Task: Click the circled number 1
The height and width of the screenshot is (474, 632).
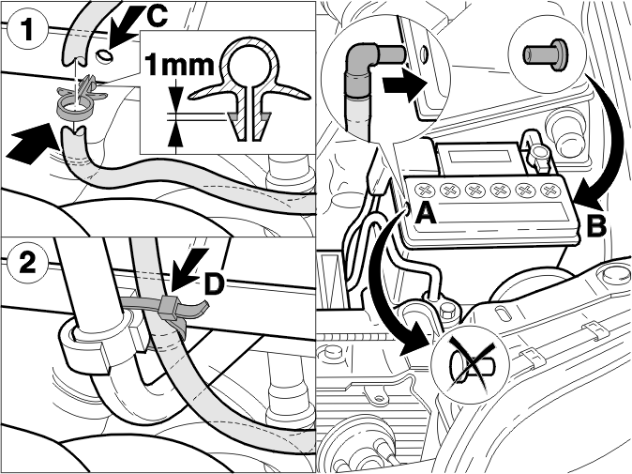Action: coord(27,29)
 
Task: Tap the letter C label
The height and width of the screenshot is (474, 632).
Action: coord(154,17)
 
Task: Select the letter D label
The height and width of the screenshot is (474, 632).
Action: coord(213,284)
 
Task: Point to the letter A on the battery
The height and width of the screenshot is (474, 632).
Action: coord(426,212)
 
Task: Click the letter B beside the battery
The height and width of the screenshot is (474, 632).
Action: coord(595,225)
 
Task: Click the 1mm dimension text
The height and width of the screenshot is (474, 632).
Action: coord(178,66)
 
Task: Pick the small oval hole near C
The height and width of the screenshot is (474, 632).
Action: coord(104,55)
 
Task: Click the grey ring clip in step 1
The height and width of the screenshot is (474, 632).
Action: coord(73,108)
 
